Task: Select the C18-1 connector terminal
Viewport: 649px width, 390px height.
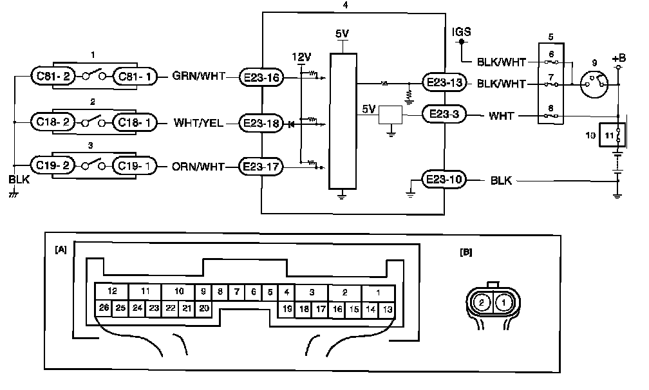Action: pyautogui.click(x=134, y=121)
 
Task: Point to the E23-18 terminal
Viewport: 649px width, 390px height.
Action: pyautogui.click(x=260, y=122)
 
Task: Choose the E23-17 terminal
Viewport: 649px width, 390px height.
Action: pyautogui.click(x=260, y=167)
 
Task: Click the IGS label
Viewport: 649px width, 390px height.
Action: pyautogui.click(x=462, y=32)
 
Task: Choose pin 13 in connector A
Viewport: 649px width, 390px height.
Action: pyautogui.click(x=388, y=309)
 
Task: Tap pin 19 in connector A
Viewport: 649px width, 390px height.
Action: pyautogui.click(x=287, y=309)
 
